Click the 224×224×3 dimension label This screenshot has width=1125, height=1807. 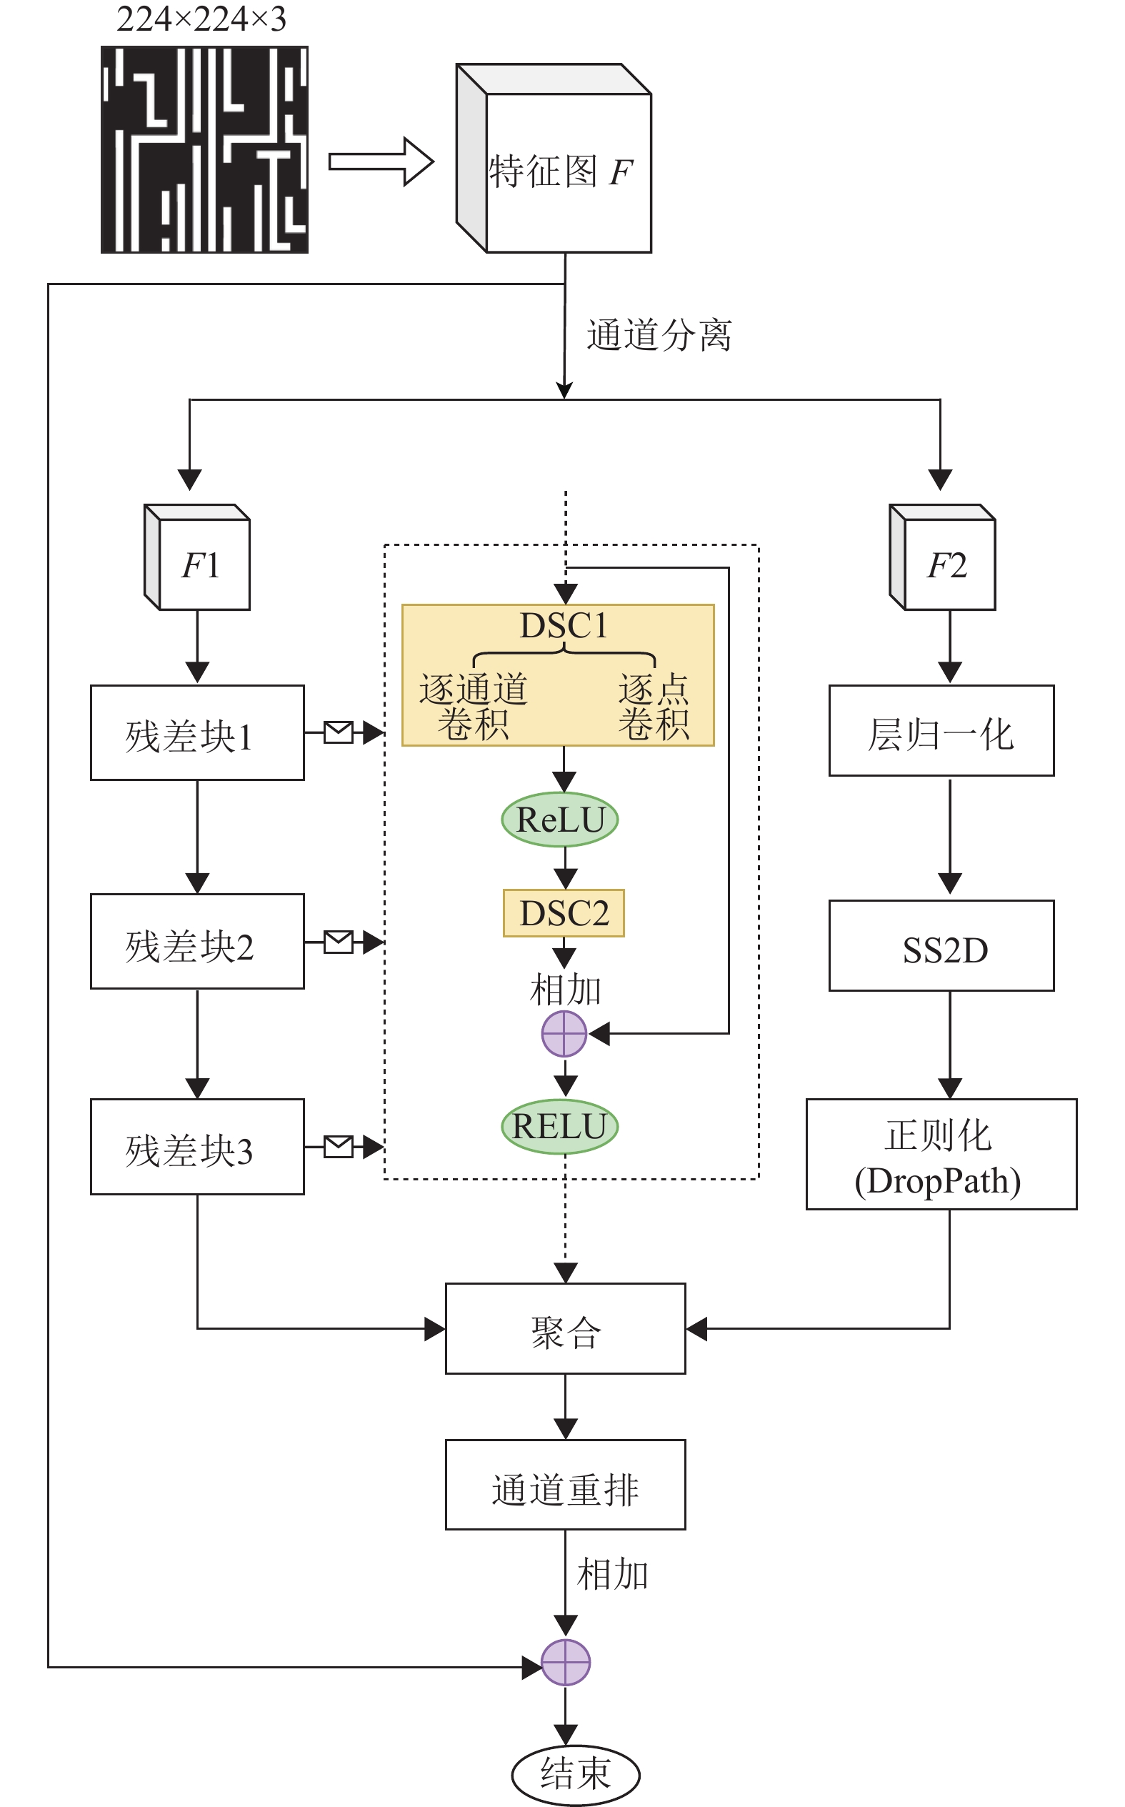tap(201, 19)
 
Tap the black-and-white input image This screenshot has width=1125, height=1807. tap(204, 149)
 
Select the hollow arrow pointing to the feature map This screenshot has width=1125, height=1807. tap(381, 161)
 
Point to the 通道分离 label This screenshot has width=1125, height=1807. tap(659, 335)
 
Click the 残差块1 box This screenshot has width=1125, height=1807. tap(197, 733)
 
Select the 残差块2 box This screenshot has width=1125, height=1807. tap(197, 942)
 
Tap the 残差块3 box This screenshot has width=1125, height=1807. tap(197, 1147)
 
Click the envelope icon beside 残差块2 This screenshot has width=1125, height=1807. tap(339, 942)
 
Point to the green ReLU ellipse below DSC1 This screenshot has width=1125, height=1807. tap(559, 820)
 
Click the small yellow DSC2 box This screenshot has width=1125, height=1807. tap(564, 913)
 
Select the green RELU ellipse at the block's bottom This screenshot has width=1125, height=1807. tap(559, 1126)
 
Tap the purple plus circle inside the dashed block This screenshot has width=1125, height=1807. tap(564, 1034)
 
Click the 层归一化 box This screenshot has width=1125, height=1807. tap(941, 731)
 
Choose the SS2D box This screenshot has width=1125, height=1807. tap(941, 946)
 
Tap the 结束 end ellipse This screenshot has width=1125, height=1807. tap(575, 1774)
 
